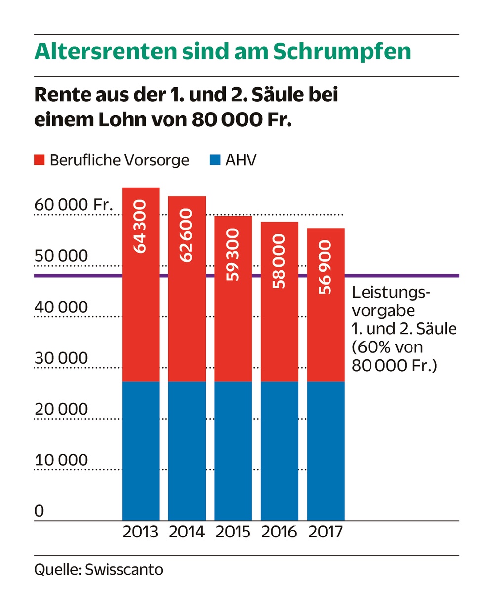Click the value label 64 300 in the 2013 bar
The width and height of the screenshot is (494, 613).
[141, 227]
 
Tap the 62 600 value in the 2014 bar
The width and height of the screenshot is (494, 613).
[187, 235]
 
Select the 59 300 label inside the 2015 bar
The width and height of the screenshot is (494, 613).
[233, 255]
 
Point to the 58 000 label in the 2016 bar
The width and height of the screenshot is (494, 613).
[280, 261]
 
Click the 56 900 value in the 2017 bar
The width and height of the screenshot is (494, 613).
[326, 268]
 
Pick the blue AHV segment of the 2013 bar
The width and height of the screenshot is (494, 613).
[141, 451]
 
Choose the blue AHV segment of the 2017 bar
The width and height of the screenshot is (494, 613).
[326, 451]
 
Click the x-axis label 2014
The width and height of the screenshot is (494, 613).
[187, 532]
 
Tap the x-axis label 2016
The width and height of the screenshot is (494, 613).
[280, 532]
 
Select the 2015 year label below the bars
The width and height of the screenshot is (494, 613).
[233, 532]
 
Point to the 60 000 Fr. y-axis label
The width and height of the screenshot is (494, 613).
[74, 205]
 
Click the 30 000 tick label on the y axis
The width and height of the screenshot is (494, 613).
[61, 358]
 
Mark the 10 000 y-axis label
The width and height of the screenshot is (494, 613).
[61, 460]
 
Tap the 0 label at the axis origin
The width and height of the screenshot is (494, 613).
[40, 511]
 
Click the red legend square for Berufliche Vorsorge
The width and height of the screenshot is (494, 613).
[40, 160]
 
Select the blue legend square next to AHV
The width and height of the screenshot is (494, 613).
[215, 160]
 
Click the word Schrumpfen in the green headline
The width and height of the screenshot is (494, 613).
[342, 52]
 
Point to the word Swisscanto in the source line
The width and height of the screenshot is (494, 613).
[124, 570]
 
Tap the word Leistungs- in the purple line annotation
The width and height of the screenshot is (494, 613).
[391, 293]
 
